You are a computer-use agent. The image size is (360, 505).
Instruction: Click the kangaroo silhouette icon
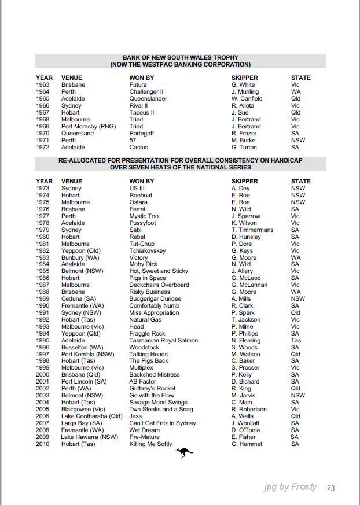point(185,453)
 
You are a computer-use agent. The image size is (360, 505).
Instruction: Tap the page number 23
point(330,488)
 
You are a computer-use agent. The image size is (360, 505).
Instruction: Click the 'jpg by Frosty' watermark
point(290,487)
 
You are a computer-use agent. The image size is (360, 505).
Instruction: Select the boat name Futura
point(138,85)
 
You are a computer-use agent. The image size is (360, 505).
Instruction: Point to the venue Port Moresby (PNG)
point(89,127)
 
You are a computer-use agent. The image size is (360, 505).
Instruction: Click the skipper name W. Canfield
point(247,99)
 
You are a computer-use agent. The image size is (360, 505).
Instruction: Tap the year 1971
point(43,141)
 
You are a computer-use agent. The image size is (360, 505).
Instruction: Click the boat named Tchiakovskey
point(148,251)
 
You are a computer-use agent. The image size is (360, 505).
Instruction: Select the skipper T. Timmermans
point(252,230)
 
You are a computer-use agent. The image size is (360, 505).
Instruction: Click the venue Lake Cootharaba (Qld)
point(92,416)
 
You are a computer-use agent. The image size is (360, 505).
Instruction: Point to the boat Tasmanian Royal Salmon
point(163,341)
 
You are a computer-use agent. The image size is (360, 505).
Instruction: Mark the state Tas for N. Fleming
point(296,341)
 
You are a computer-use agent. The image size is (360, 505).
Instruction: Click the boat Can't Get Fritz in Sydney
point(163,423)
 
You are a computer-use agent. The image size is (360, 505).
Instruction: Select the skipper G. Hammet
point(247,444)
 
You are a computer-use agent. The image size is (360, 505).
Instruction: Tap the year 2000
point(43,375)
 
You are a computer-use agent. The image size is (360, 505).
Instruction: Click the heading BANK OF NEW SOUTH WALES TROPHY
point(181,58)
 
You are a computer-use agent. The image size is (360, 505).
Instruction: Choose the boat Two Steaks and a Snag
point(161,410)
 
